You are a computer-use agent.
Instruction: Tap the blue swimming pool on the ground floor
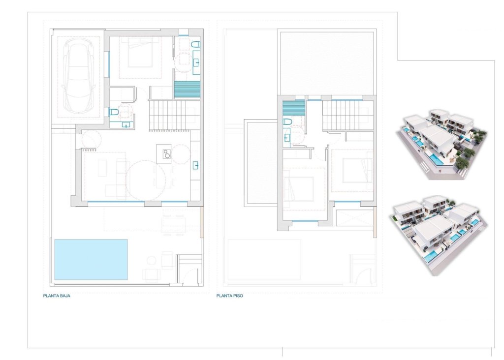(91, 259)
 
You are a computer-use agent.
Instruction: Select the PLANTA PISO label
(229, 296)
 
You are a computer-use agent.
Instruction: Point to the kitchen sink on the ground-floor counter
(195, 165)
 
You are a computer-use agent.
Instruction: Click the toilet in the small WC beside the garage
(114, 112)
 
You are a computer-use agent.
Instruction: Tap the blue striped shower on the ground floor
(188, 90)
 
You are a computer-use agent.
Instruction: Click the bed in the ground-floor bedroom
(140, 54)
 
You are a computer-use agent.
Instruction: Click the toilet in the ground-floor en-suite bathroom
(195, 45)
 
